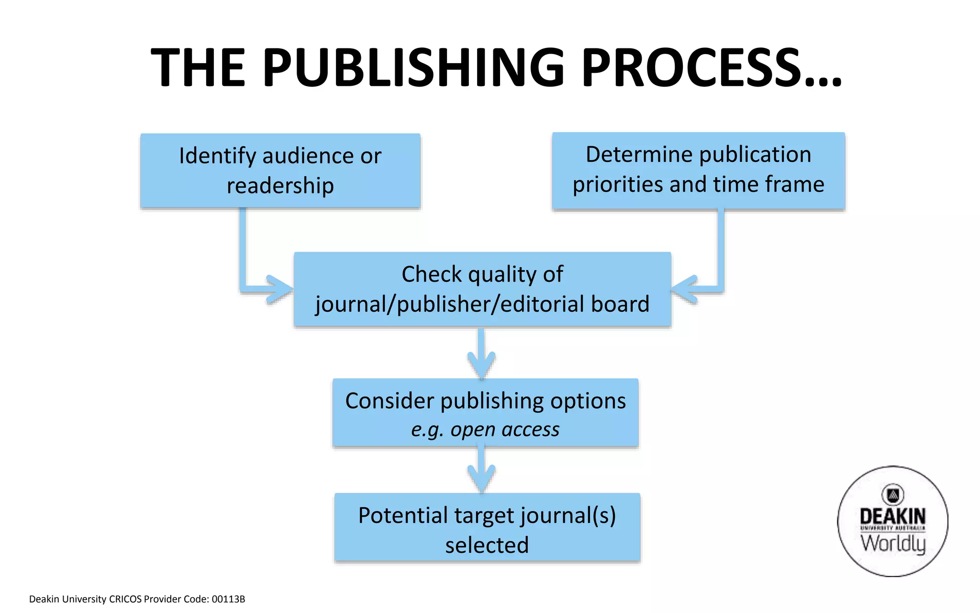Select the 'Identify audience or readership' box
tap(280, 170)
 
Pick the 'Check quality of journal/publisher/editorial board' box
tap(482, 289)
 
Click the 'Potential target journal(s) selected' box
tap(487, 527)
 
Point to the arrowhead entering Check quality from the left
tap(280, 289)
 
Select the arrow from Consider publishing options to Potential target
tap(481, 472)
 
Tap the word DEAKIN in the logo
tap(892, 516)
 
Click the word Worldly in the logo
tap(893, 544)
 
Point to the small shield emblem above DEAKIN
tap(892, 495)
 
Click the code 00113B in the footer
tap(228, 599)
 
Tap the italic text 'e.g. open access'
tap(485, 430)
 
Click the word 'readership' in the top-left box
tap(280, 186)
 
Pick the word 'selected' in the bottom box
tap(487, 545)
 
